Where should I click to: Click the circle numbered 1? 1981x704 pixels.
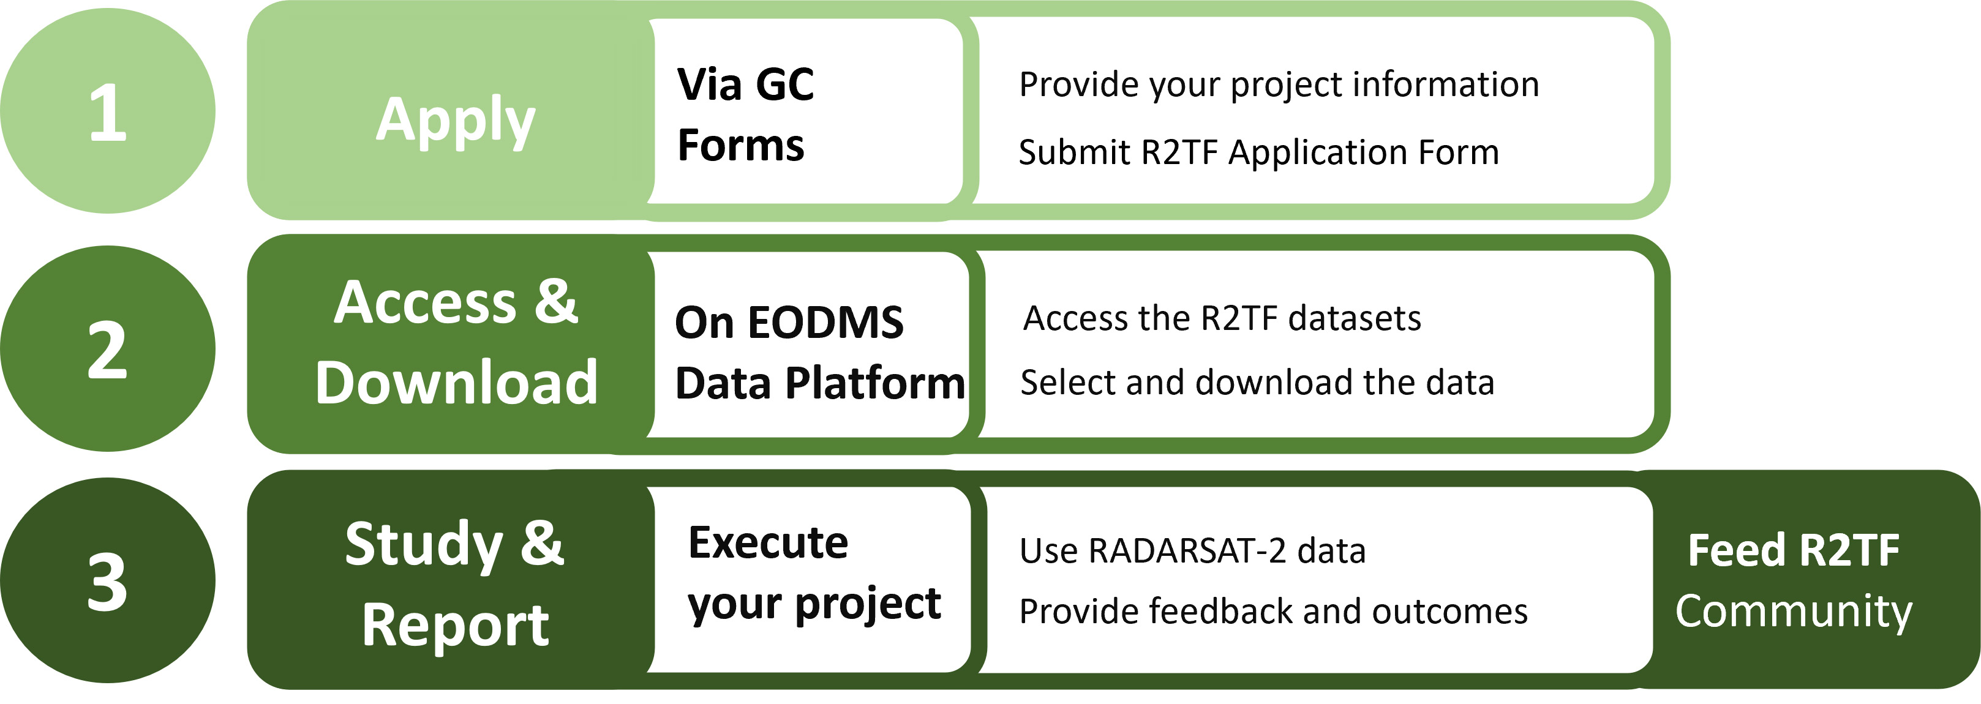pyautogui.click(x=108, y=111)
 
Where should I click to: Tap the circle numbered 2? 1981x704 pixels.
pyautogui.click(x=108, y=349)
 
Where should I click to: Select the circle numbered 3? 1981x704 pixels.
pyautogui.click(x=108, y=581)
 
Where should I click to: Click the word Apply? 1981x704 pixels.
pyautogui.click(x=455, y=120)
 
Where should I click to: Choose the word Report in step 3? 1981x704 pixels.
pyautogui.click(x=455, y=624)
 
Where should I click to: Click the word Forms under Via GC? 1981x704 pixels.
pyautogui.click(x=740, y=145)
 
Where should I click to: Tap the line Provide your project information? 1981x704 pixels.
pyautogui.click(x=1278, y=84)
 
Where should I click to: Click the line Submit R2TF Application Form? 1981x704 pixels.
pyautogui.click(x=1258, y=152)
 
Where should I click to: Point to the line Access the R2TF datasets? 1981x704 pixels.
pyautogui.click(x=1222, y=318)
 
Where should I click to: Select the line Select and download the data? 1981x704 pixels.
pyautogui.click(x=1257, y=383)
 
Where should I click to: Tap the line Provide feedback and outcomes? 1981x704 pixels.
pyautogui.click(x=1272, y=612)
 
